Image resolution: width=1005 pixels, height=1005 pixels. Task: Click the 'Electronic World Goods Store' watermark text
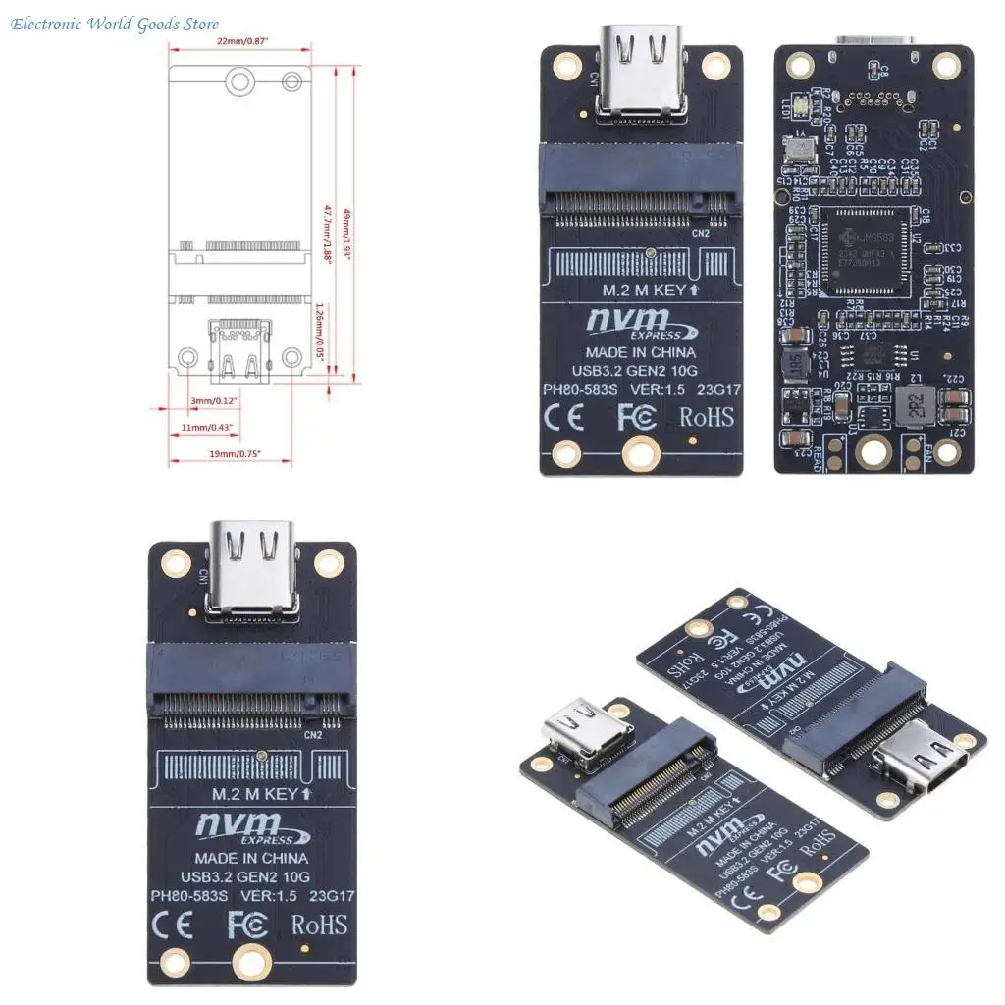pyautogui.click(x=115, y=24)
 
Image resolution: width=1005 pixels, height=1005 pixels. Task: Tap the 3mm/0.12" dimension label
pyautogui.click(x=213, y=400)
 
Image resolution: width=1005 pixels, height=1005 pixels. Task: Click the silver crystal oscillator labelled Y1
pyautogui.click(x=800, y=149)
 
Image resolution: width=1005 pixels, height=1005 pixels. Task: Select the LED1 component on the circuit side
pyautogui.click(x=800, y=104)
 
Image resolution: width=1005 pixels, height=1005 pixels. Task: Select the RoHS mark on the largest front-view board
pyautogui.click(x=318, y=924)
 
